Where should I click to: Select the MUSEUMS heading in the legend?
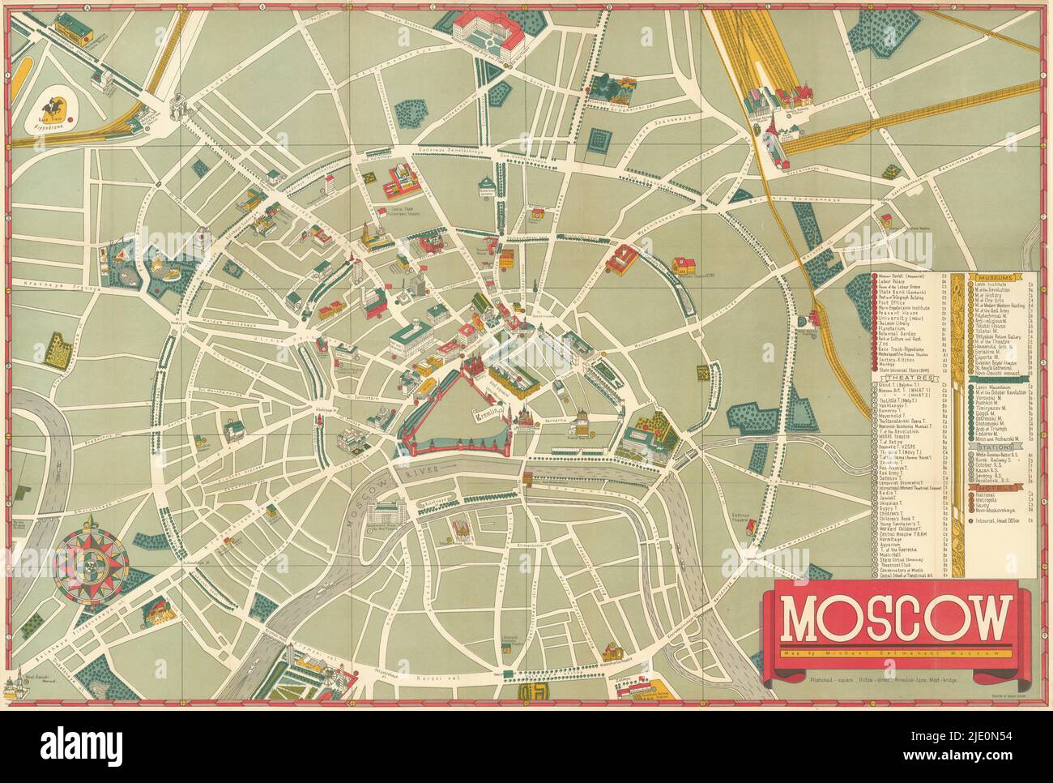[x=994, y=277]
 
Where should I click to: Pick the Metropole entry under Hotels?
[x=986, y=499]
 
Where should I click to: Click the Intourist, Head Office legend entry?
[x=997, y=520]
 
